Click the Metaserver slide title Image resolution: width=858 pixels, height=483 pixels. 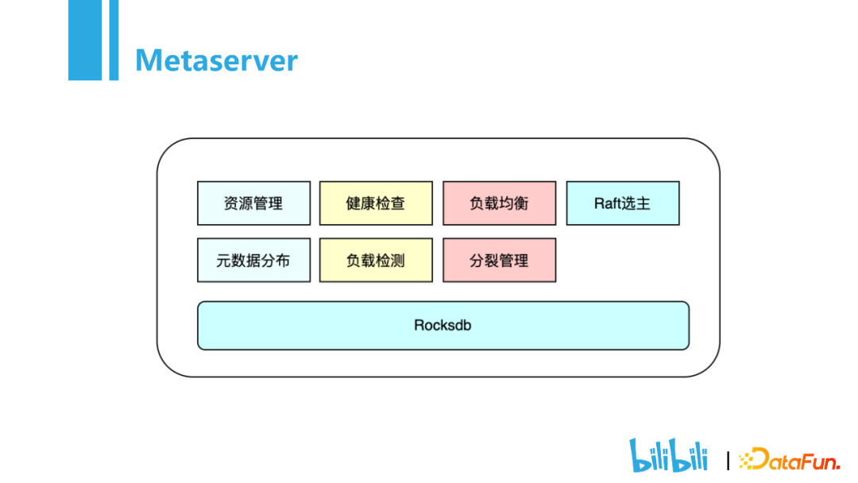[x=216, y=60]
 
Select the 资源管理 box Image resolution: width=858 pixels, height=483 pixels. [x=254, y=203]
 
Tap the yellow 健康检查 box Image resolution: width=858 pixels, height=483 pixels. [x=376, y=203]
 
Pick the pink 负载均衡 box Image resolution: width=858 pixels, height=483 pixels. [x=500, y=203]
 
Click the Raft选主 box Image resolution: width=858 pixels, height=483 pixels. [x=623, y=203]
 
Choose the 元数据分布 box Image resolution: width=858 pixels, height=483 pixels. [x=254, y=261]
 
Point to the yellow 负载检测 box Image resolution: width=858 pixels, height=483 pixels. [x=376, y=261]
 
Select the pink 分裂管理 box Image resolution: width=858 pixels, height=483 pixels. [x=500, y=261]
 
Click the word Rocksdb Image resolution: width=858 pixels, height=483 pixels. [x=443, y=326]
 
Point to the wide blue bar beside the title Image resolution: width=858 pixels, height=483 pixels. [x=85, y=40]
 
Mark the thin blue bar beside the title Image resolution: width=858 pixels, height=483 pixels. [x=114, y=40]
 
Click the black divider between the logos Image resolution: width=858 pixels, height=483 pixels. [x=728, y=461]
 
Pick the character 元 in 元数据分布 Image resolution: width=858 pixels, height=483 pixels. [x=223, y=261]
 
